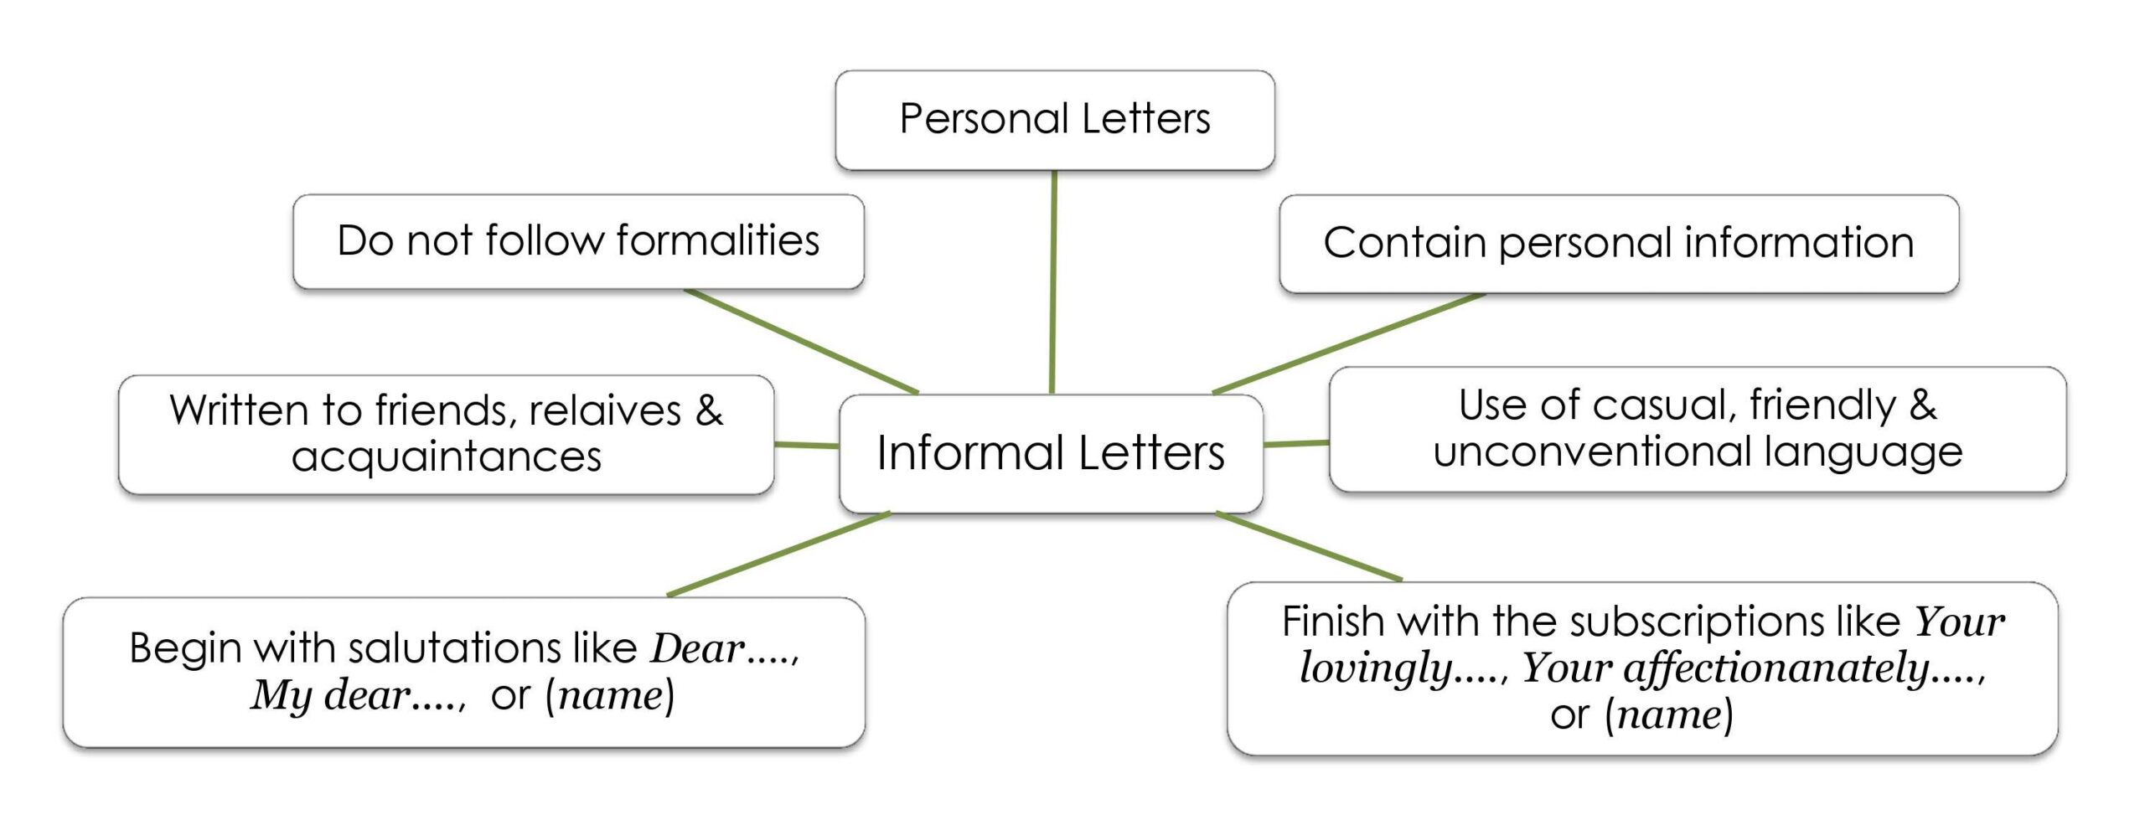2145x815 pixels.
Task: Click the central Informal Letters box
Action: [1051, 453]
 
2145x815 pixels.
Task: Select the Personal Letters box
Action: [1054, 119]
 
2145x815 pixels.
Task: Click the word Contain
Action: [1404, 243]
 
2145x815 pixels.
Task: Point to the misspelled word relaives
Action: [604, 410]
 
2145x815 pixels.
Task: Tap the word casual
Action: [1664, 405]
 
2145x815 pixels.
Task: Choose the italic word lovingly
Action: [1374, 668]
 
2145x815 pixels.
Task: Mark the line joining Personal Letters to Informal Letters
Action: [1053, 281]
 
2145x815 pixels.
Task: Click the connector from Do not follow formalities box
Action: [801, 342]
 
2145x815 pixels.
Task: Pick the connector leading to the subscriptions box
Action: [1309, 546]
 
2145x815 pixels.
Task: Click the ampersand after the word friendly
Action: [1923, 405]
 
